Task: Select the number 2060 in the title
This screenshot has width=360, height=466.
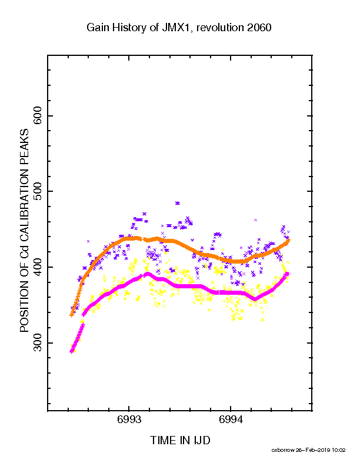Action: click(x=259, y=28)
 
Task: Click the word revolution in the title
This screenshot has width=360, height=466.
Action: click(x=220, y=28)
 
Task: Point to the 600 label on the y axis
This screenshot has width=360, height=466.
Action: click(x=38, y=115)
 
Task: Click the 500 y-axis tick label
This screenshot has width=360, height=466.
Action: click(x=38, y=191)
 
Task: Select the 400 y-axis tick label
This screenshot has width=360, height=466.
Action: click(x=38, y=267)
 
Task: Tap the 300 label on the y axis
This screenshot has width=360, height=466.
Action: click(x=38, y=343)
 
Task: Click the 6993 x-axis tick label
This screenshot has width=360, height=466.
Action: click(x=129, y=420)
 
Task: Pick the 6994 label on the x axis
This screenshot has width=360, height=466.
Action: click(x=231, y=420)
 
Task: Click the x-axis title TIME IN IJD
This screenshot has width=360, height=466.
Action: click(x=180, y=441)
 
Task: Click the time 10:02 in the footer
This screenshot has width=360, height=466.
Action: click(x=339, y=450)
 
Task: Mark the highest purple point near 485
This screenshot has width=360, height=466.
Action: click(x=178, y=203)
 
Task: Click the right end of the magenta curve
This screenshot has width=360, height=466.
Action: click(x=287, y=274)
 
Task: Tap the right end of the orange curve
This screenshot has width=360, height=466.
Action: click(x=289, y=241)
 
